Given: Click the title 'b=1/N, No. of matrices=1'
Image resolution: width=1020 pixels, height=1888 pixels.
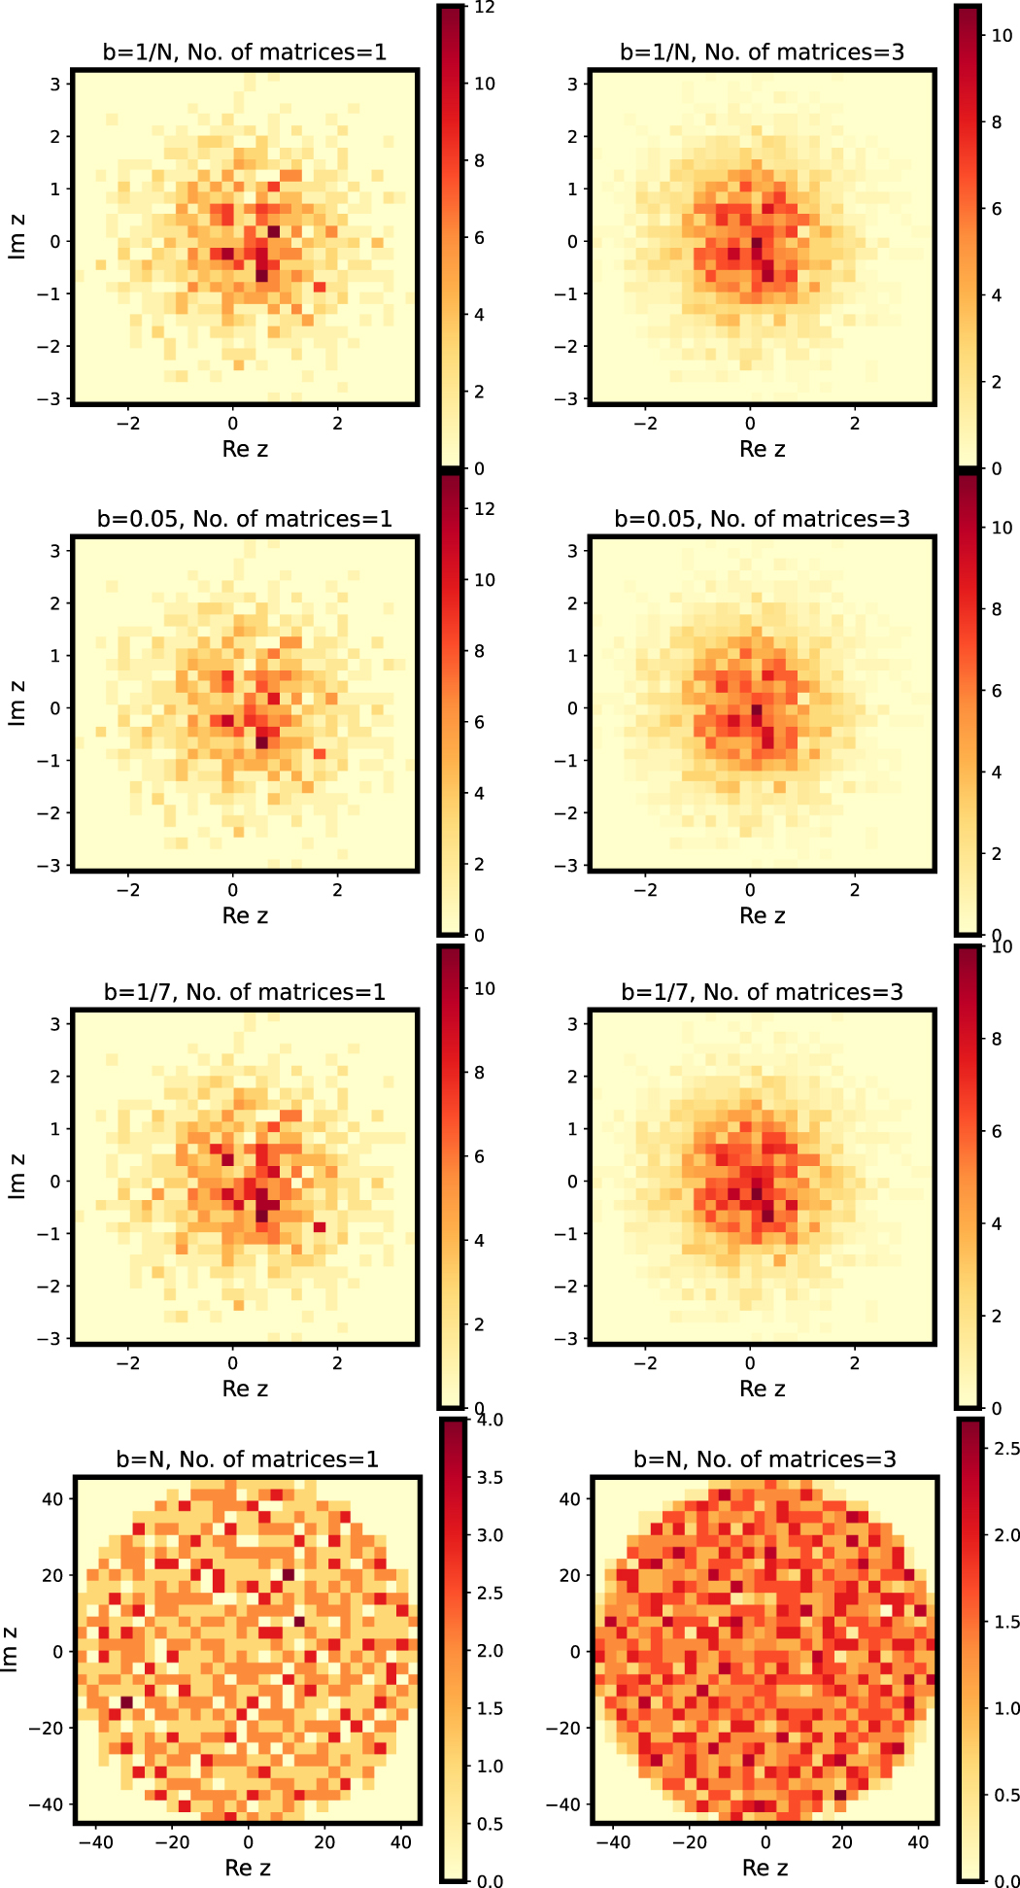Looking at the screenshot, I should (245, 51).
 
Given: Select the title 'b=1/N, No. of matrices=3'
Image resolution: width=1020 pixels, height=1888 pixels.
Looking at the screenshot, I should (763, 51).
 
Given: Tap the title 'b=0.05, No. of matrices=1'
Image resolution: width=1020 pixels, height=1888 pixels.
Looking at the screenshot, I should (245, 519).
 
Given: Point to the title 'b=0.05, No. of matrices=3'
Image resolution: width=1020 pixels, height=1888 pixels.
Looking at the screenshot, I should (763, 519).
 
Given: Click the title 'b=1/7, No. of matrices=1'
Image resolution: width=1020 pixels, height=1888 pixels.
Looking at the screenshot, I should (245, 992).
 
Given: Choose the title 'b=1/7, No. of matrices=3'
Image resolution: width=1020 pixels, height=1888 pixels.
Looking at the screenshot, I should (763, 992).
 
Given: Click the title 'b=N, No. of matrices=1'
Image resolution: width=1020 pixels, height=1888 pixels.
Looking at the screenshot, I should (248, 1459).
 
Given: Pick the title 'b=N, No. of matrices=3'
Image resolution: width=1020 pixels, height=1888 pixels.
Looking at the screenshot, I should (765, 1459).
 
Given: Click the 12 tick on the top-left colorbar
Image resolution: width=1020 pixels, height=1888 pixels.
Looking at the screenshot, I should (485, 8).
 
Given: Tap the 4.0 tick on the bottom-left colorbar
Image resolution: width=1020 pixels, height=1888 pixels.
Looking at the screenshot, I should (490, 1421).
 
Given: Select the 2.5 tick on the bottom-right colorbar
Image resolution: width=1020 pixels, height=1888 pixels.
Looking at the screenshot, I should (1007, 1449).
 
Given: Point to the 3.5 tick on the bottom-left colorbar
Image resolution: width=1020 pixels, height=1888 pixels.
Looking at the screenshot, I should (490, 1478).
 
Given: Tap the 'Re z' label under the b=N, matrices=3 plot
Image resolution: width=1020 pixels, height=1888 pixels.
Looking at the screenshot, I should (765, 1868).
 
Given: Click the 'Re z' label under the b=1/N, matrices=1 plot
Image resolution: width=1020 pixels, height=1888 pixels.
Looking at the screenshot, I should (245, 449).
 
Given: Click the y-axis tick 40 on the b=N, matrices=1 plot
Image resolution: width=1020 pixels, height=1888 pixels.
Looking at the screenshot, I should (52, 1499).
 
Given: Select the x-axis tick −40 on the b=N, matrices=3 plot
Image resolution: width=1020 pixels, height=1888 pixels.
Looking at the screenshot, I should (612, 1842).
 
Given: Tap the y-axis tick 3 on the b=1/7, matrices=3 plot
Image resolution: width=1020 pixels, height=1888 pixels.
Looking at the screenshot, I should (571, 1024).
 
